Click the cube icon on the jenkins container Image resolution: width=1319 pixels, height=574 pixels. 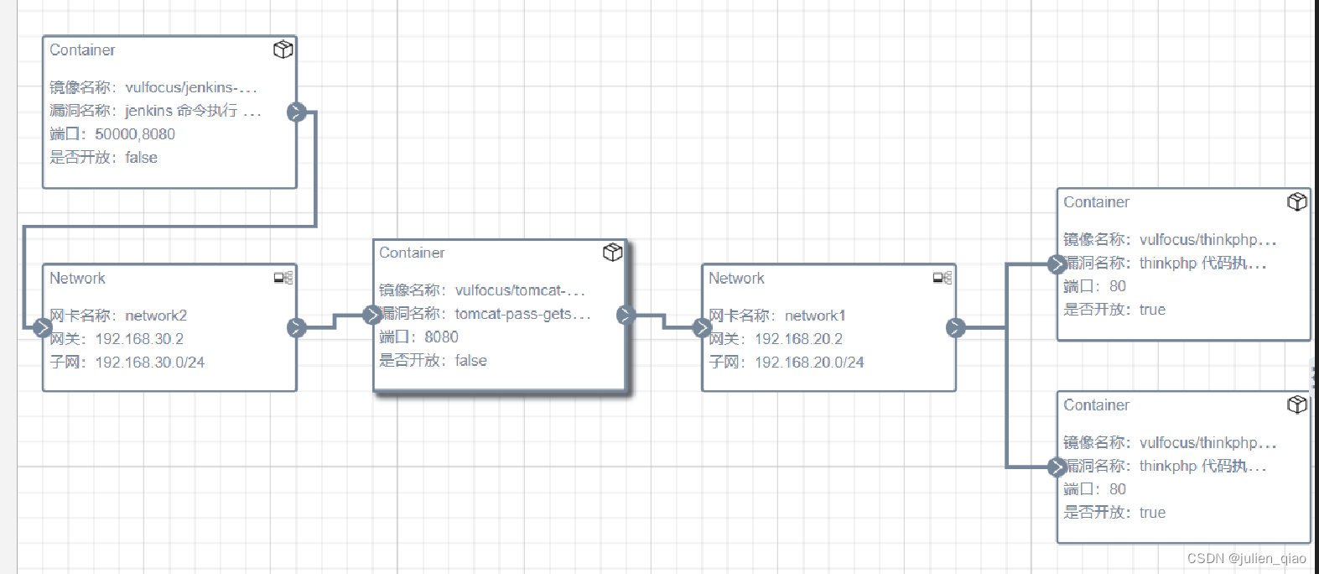[x=283, y=50]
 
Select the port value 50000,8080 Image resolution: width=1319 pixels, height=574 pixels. [x=135, y=134]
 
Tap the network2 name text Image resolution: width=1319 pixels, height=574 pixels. [x=156, y=316]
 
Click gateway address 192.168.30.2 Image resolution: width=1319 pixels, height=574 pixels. [x=139, y=339]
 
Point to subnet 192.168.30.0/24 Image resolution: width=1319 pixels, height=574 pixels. [x=149, y=363]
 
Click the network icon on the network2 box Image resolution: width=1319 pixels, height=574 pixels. [x=283, y=278]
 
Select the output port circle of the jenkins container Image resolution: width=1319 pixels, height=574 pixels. [x=296, y=112]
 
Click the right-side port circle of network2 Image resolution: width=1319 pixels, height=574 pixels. [x=296, y=328]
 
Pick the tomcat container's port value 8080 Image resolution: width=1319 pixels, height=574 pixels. [x=441, y=337]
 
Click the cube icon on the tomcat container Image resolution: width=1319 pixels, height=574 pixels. [x=613, y=253]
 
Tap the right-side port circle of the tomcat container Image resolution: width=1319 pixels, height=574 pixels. [x=626, y=316]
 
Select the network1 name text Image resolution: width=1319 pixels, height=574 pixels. [x=815, y=316]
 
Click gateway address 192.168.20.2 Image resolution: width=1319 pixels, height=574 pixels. [x=798, y=339]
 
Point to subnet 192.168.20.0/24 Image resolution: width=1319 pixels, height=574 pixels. [x=808, y=363]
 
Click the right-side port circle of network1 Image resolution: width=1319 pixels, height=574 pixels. [x=955, y=328]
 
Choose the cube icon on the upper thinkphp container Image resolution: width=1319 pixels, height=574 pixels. [x=1297, y=202]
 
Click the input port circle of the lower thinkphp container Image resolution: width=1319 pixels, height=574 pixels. [x=1057, y=467]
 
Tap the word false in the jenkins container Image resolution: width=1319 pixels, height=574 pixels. [x=141, y=158]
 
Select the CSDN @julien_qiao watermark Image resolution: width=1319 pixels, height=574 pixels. [x=1246, y=559]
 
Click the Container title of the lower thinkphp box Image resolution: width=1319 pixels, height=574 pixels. [x=1096, y=405]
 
